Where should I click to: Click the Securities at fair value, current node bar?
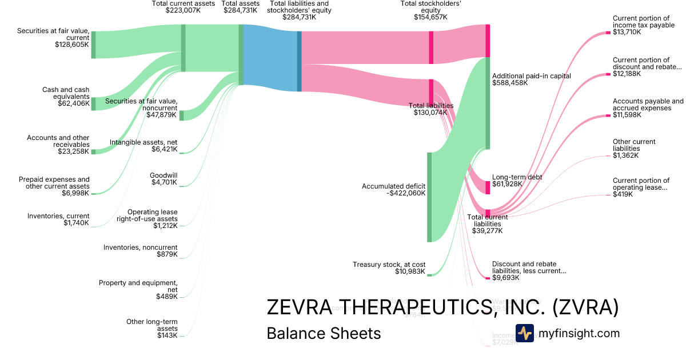tap(93, 45)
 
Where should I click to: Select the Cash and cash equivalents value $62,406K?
tap(73, 104)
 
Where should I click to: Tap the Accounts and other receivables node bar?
tap(93, 152)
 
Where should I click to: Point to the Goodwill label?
tap(163, 175)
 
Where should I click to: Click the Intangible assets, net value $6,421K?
tap(165, 149)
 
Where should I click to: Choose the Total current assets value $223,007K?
tap(183, 10)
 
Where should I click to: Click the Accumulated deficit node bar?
tap(430, 197)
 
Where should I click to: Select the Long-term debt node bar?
tap(488, 187)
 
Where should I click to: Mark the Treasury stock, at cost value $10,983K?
tap(409, 271)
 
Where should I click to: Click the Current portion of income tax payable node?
tap(608, 33)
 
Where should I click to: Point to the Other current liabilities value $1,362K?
tap(625, 155)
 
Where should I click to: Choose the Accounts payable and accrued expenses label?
tap(648, 105)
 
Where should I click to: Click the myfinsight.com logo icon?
tap(524, 333)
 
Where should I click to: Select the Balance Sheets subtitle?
tap(324, 333)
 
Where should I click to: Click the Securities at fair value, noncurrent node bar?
tap(182, 115)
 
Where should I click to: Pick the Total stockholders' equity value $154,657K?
tap(430, 17)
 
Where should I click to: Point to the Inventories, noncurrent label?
tap(140, 247)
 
